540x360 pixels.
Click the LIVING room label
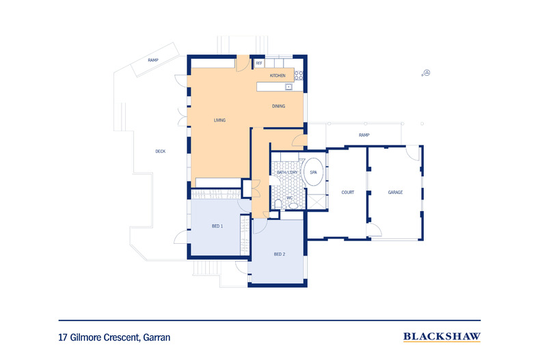point(219,120)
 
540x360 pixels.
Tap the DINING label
point(278,107)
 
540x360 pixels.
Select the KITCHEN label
point(278,75)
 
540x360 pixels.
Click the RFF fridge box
point(259,64)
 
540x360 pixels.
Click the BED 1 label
point(217,226)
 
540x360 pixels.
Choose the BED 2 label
point(279,254)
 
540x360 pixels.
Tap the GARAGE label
point(395,193)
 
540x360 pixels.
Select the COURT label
point(347,193)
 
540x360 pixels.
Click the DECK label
point(160,152)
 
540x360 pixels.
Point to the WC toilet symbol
point(279,204)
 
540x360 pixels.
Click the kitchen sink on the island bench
point(289,87)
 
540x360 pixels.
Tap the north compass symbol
point(427,73)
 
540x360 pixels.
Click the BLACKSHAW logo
point(442,337)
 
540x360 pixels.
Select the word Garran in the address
point(156,337)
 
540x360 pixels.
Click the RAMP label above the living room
point(154,61)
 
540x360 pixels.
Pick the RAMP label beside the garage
point(364,135)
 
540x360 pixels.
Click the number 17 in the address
point(63,337)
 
